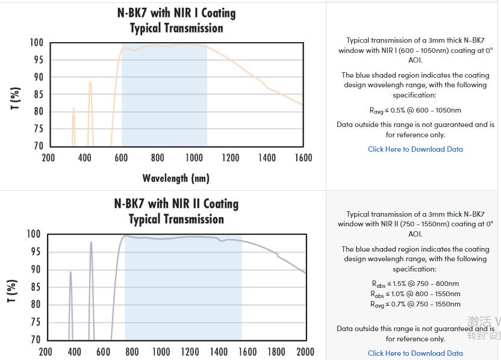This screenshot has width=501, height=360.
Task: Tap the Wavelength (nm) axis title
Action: (176, 178)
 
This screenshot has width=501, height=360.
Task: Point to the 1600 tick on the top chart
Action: (303, 158)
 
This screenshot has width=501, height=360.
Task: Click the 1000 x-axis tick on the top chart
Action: (194, 158)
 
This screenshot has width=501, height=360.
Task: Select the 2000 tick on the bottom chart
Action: (305, 352)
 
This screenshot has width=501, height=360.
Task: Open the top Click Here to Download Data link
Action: (415, 149)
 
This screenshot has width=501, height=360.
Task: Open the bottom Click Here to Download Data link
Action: (415, 353)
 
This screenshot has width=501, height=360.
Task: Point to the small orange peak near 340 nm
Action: (73, 110)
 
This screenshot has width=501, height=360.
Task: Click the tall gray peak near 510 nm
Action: (91, 243)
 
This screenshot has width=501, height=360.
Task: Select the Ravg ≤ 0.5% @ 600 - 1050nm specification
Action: (415, 110)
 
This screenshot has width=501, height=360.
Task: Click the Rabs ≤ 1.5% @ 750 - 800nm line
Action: (415, 284)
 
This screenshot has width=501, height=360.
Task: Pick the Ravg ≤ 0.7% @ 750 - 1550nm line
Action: (415, 304)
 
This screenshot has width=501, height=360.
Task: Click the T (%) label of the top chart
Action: (16, 98)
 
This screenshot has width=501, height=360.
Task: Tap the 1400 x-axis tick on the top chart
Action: (267, 158)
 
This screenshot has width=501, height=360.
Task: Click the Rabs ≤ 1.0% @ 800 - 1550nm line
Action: (415, 294)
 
